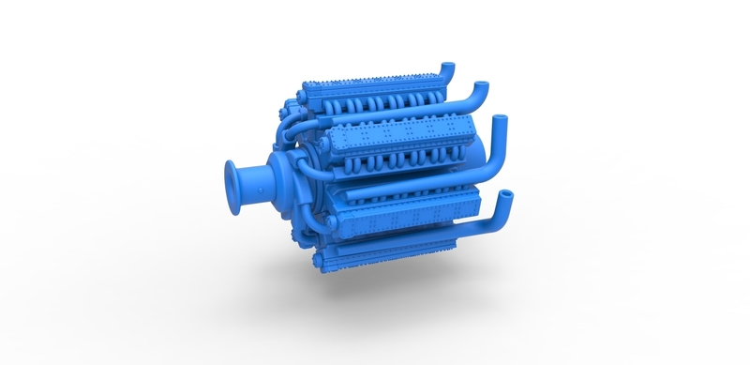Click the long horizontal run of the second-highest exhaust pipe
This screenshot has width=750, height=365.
tap(412, 111)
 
